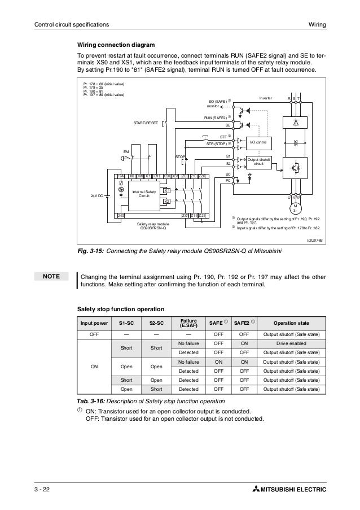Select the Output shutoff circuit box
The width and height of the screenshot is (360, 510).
click(x=258, y=162)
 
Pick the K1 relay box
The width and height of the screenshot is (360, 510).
click(x=166, y=191)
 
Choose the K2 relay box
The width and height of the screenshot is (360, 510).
click(x=166, y=201)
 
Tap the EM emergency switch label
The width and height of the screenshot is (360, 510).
click(x=126, y=152)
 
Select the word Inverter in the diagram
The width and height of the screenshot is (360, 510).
click(x=265, y=98)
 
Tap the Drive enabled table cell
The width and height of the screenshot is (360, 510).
click(x=291, y=344)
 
